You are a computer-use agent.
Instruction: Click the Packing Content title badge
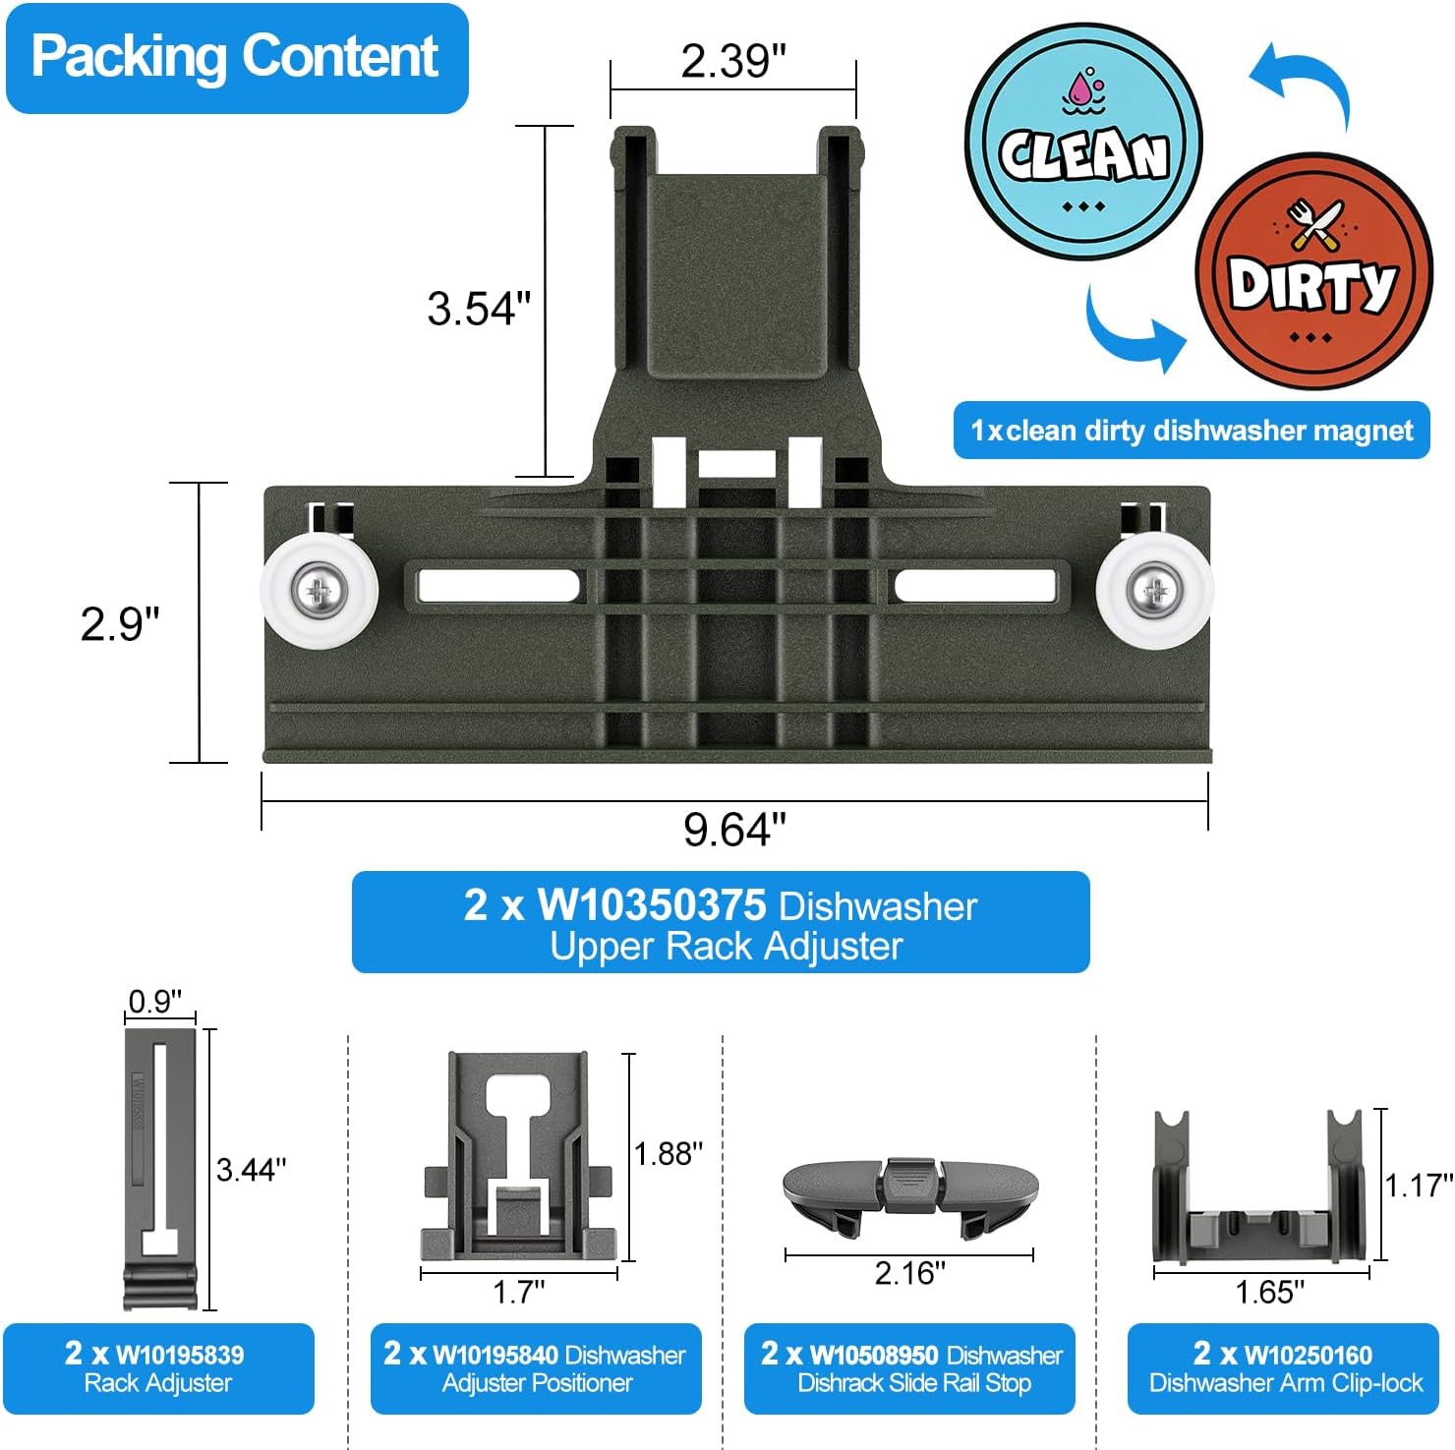(x=236, y=57)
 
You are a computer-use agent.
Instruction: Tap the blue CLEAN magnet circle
(x=1082, y=143)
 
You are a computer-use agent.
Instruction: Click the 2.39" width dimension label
(x=733, y=61)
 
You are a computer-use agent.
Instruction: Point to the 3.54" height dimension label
(x=479, y=309)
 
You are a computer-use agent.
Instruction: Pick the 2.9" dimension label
(x=120, y=624)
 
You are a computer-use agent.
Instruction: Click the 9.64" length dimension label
(x=734, y=830)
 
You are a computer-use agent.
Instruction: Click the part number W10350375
(x=651, y=904)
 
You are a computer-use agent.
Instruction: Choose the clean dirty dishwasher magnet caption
(x=1192, y=431)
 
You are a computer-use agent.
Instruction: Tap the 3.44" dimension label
(x=252, y=1170)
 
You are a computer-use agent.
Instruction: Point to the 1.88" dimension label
(x=669, y=1153)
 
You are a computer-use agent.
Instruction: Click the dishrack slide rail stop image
(x=910, y=1189)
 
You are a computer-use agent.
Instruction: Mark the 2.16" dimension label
(x=909, y=1273)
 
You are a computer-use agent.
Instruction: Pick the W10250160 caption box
(x=1283, y=1368)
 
